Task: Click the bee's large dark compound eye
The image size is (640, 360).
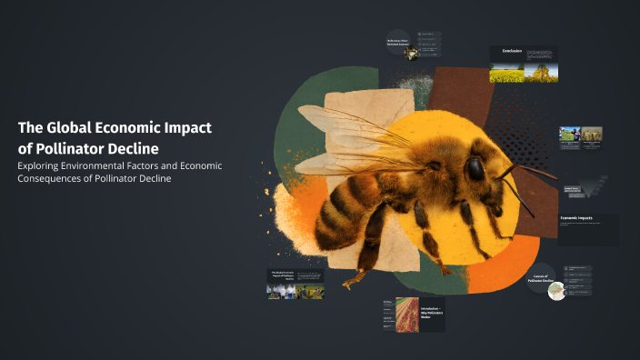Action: [x=475, y=169]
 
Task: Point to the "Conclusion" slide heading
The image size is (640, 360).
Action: [x=512, y=51]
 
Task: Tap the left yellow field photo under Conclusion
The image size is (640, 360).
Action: [x=505, y=73]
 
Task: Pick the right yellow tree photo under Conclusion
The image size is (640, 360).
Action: [x=540, y=73]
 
